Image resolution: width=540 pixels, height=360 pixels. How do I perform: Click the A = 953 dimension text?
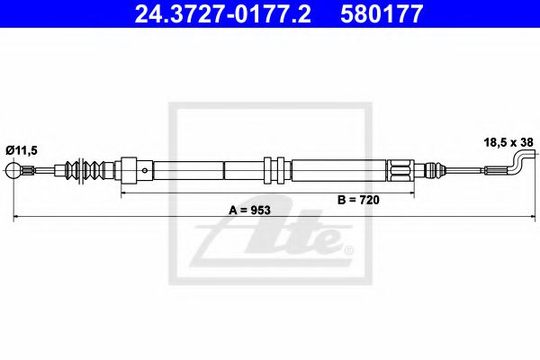pos(249,210)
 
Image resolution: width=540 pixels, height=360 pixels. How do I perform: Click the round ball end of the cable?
pos(13,170)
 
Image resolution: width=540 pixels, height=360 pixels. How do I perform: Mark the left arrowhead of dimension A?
pos(15,218)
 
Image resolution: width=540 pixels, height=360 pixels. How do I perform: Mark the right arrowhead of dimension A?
pos(524,218)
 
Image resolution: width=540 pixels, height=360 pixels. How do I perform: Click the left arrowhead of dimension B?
pos(123,193)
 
